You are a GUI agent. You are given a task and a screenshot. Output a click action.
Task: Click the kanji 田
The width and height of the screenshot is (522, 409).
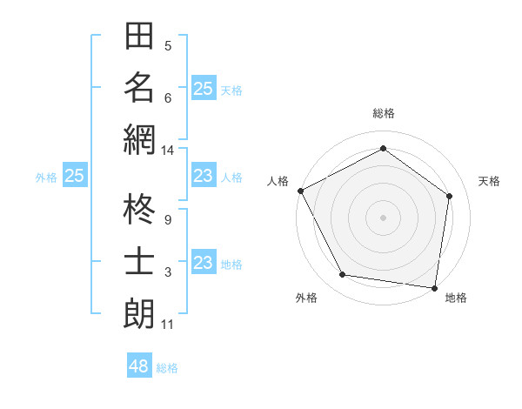pos(139,37)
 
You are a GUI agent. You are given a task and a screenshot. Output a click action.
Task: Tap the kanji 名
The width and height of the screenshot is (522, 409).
pos(139,88)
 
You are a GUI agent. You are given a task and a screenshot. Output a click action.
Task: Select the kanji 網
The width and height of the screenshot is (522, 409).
pos(139,139)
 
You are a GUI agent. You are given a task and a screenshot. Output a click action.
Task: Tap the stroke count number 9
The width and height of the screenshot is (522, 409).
pos(167,220)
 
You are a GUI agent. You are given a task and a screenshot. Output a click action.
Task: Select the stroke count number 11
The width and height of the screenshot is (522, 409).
pos(167,325)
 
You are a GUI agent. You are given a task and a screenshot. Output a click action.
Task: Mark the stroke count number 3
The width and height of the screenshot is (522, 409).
pos(167,272)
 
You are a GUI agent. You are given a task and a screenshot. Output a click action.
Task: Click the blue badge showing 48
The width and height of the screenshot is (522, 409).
pos(139,366)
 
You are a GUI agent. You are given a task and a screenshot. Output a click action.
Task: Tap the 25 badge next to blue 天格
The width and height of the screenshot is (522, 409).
pos(203,88)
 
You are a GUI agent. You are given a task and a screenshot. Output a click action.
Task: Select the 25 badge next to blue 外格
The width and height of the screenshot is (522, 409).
pos(74,176)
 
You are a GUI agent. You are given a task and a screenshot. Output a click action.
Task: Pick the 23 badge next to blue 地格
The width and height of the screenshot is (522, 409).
pos(203,263)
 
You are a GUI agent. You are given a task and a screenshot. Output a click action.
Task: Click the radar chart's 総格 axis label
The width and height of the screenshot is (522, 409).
pos(383,113)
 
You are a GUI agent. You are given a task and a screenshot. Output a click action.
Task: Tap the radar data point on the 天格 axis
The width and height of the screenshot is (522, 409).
pos(449,197)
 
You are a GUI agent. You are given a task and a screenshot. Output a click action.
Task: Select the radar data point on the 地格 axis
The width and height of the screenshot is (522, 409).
pos(434,287)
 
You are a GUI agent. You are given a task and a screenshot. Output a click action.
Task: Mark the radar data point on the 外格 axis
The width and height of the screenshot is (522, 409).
pos(343,275)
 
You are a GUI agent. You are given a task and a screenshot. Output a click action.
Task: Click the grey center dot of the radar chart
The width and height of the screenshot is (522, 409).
pos(383,218)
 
